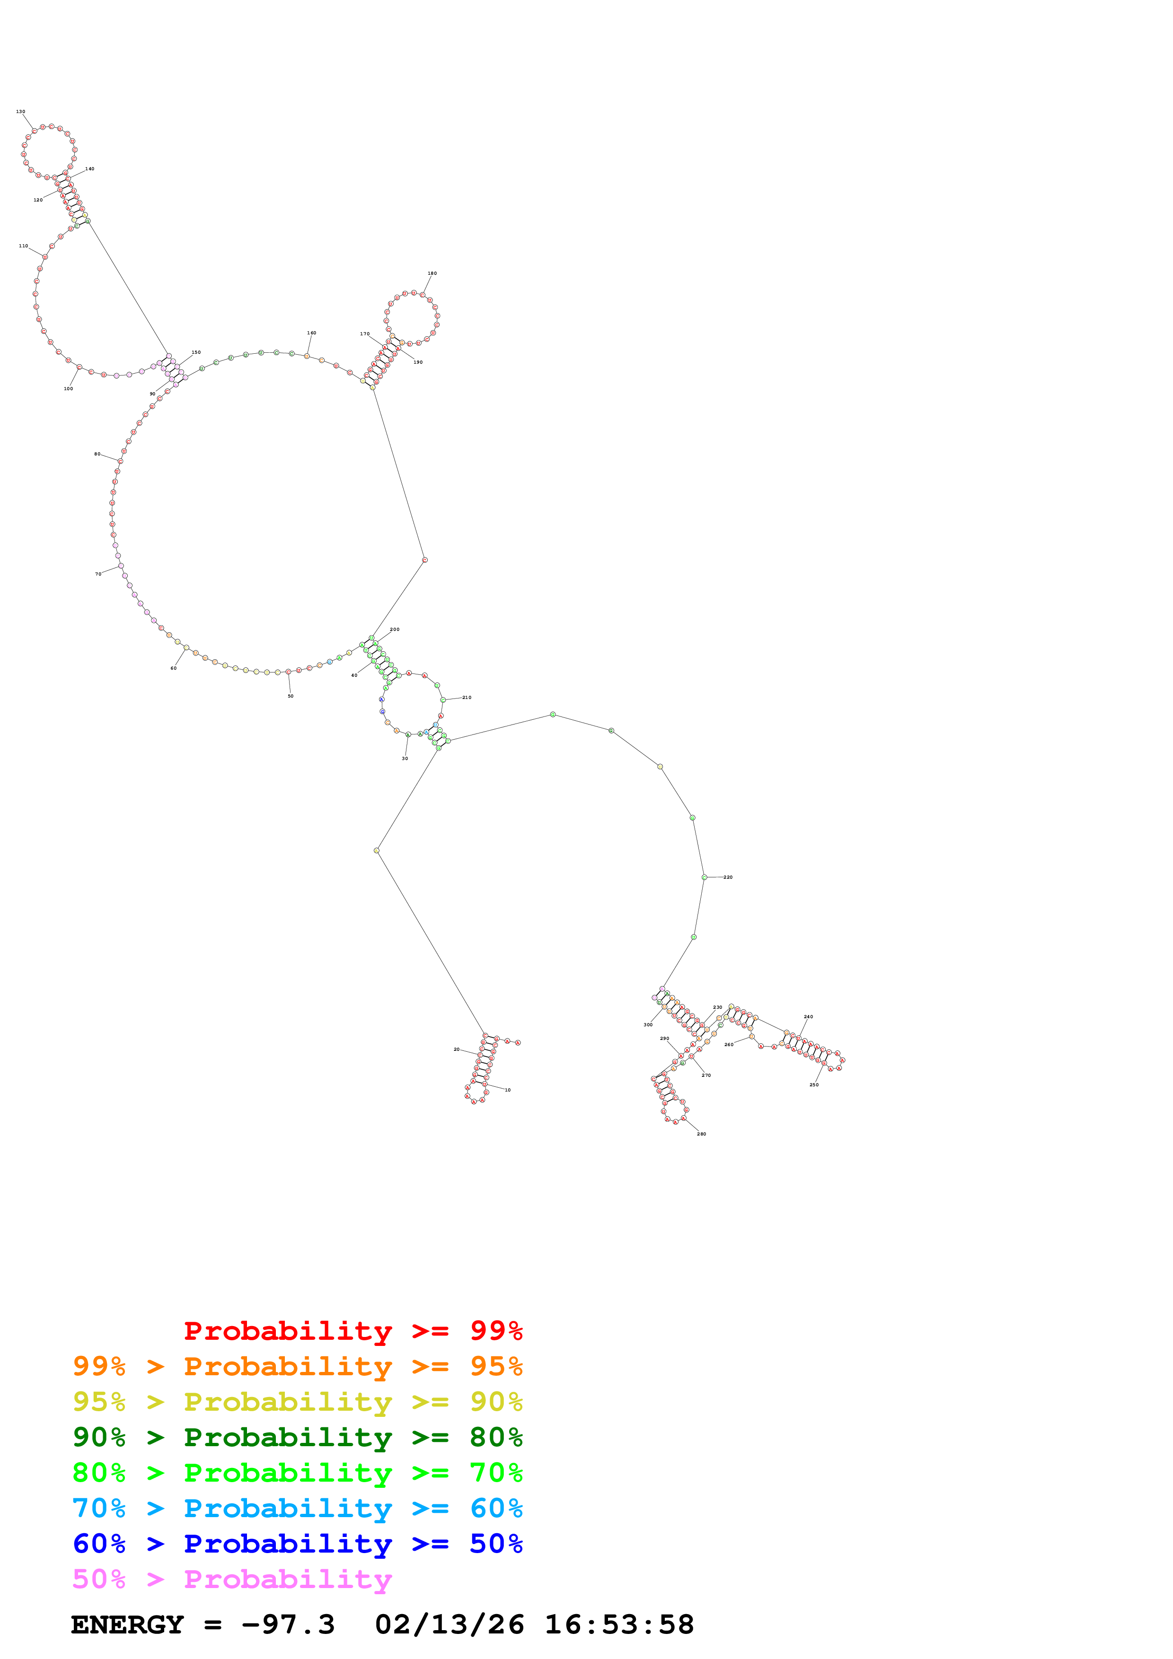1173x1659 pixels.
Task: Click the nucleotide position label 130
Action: click(x=20, y=112)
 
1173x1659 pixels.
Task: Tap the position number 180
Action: click(x=432, y=273)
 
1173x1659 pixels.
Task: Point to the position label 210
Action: click(x=467, y=697)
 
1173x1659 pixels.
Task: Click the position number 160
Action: click(x=311, y=333)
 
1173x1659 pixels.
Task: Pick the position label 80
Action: click(x=97, y=454)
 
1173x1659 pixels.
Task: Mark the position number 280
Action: click(x=701, y=1134)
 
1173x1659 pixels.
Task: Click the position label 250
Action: click(x=814, y=1084)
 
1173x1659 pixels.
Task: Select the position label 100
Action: click(x=68, y=389)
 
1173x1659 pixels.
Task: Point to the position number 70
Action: click(x=98, y=574)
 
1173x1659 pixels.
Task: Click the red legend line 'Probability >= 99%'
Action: click(x=353, y=1330)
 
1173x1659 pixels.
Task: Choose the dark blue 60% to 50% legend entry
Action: click(x=297, y=1544)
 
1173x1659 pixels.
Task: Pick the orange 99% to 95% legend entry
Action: click(x=297, y=1366)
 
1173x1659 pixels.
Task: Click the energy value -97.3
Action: click(x=288, y=1624)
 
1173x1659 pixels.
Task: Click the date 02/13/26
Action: click(x=449, y=1624)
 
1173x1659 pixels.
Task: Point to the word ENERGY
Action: click(x=127, y=1624)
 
